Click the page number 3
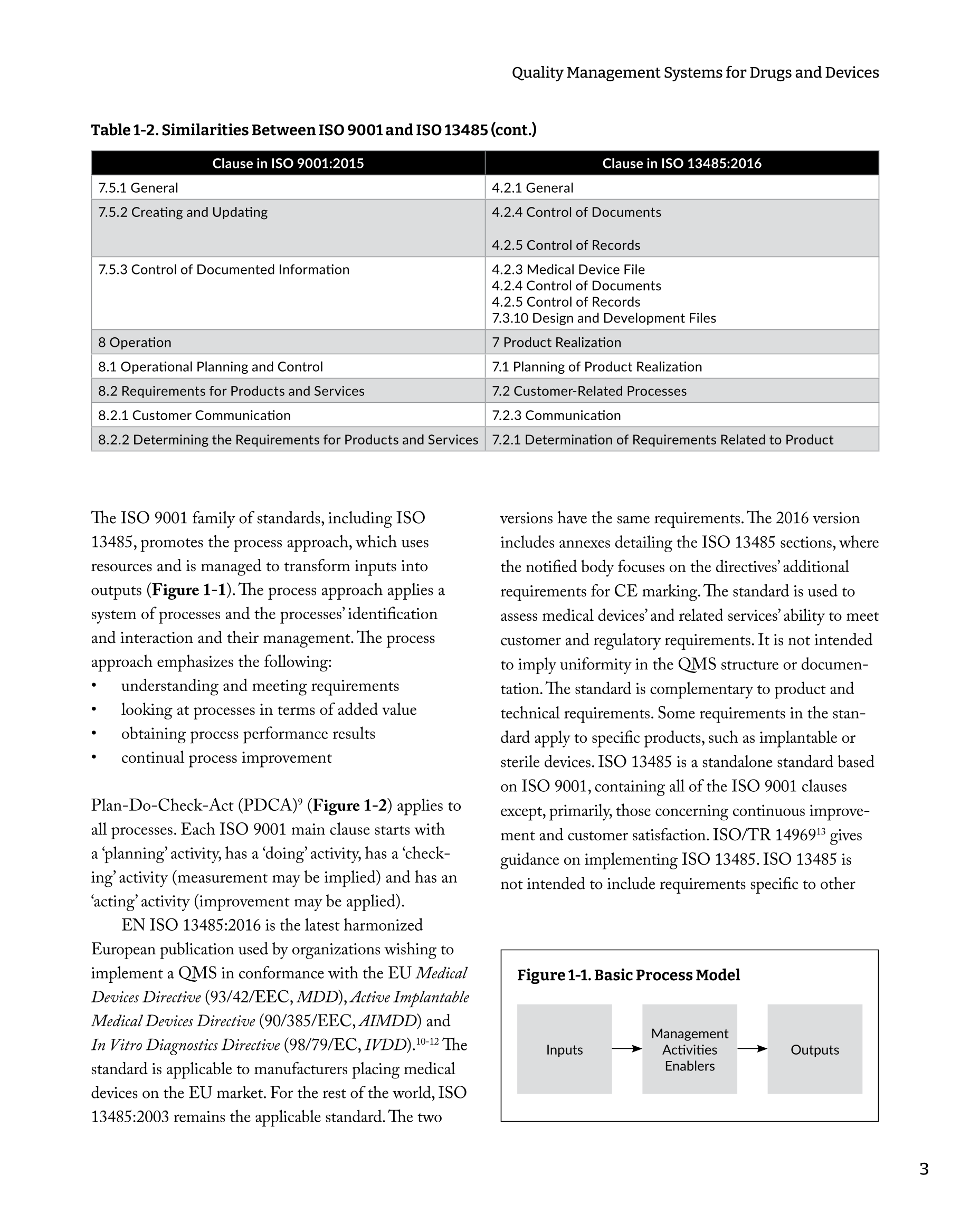(924, 1169)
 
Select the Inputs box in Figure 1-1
(564, 1049)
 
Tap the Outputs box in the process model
(815, 1049)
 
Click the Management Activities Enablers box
(689, 1049)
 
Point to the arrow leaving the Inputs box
(627, 1049)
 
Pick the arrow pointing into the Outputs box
(752, 1049)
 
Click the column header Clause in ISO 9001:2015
(288, 163)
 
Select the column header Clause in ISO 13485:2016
(681, 163)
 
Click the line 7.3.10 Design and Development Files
(604, 318)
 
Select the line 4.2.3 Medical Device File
(568, 270)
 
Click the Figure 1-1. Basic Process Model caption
(629, 975)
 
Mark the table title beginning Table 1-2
(313, 130)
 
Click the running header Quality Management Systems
(695, 72)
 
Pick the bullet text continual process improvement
(226, 758)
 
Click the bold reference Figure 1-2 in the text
(349, 805)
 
